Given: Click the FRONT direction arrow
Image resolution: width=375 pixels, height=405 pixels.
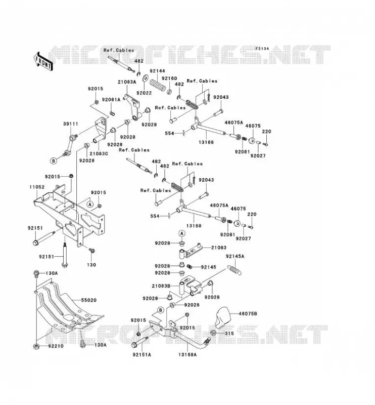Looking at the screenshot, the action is [x=43, y=61].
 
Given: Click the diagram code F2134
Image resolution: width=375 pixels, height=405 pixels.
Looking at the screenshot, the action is [x=262, y=49].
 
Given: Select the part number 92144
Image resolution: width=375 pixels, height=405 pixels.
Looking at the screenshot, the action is [x=157, y=71].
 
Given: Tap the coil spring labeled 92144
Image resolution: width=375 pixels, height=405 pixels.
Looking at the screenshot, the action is [x=157, y=85].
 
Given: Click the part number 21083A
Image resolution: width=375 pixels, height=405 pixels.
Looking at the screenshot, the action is [x=127, y=82].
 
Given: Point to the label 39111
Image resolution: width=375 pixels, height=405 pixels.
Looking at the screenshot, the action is [x=70, y=124].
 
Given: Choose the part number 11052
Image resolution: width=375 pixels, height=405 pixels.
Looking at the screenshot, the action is [x=36, y=187].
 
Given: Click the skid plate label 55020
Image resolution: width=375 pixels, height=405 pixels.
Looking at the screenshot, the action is [x=89, y=300].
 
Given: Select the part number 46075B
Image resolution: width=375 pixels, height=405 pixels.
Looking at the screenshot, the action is [x=248, y=314].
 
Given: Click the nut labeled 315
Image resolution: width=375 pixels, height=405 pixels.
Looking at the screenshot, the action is [x=214, y=333].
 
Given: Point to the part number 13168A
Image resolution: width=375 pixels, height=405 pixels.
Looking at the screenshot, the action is [x=187, y=355].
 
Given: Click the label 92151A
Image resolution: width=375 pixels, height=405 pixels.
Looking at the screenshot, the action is [x=142, y=355].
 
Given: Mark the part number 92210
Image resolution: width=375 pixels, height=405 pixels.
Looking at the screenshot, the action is [x=56, y=346].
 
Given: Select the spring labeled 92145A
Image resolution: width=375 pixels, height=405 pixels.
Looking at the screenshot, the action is [x=235, y=270].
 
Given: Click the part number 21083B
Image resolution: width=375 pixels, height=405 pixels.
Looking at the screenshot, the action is [x=161, y=286].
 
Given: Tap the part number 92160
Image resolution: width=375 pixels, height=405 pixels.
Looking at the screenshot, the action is [x=169, y=78].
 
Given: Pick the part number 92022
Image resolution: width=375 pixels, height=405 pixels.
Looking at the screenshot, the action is [x=144, y=93].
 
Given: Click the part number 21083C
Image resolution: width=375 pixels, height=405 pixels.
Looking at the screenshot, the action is [x=99, y=153].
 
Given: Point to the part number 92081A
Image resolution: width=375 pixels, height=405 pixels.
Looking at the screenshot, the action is [x=111, y=100].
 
